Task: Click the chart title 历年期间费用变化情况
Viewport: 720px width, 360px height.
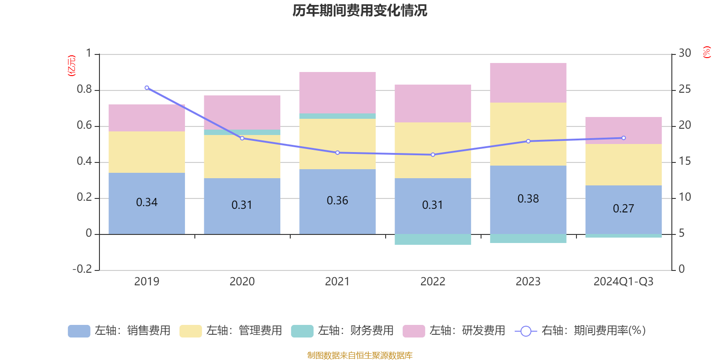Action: [x=360, y=10]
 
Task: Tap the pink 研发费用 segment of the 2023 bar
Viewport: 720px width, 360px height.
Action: [x=528, y=83]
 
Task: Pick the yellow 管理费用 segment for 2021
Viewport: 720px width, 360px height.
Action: [x=337, y=144]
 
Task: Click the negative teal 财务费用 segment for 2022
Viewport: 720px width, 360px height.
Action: [x=432, y=239]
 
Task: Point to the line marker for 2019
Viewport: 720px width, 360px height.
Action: [x=147, y=88]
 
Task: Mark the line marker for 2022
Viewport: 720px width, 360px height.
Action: [x=433, y=155]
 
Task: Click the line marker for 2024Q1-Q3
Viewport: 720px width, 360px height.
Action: [x=624, y=138]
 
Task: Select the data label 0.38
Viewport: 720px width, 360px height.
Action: [x=528, y=199]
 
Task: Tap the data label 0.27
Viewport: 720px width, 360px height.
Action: [x=623, y=209]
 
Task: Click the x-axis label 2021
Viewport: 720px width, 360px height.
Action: [x=337, y=282]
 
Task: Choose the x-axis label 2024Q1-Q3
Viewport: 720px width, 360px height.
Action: [x=623, y=282]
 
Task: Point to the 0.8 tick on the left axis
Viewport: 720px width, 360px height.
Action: [x=84, y=90]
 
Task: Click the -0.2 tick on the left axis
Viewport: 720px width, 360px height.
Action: [x=82, y=269]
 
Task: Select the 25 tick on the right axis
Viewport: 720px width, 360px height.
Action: [x=684, y=90]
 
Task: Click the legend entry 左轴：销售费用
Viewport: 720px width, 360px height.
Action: [x=120, y=331]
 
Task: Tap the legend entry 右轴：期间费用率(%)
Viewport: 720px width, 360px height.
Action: [x=580, y=331]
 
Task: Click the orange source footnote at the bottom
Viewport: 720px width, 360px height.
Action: [x=360, y=355]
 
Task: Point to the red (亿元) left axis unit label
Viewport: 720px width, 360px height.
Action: [x=71, y=66]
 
